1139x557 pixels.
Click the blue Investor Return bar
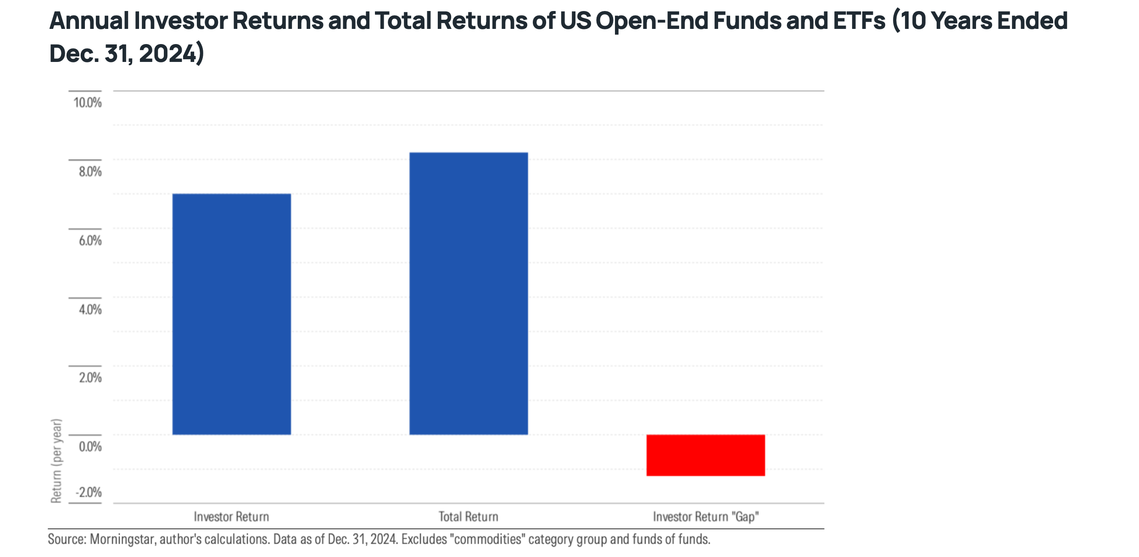(232, 314)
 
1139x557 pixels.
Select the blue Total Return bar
(469, 294)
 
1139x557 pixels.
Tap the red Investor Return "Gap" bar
(706, 455)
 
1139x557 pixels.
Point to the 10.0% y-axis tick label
(88, 102)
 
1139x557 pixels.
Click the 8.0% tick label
(90, 172)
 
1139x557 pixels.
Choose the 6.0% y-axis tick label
(90, 240)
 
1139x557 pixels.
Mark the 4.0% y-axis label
(90, 309)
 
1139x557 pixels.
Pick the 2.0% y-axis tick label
(90, 378)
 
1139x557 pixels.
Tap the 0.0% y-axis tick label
(90, 446)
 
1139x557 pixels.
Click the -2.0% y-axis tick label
(88, 492)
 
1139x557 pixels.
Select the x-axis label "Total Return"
(469, 517)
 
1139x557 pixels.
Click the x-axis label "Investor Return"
(231, 517)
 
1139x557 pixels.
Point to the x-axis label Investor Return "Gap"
(706, 517)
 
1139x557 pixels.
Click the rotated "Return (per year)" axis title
(56, 461)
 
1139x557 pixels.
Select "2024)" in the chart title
(171, 54)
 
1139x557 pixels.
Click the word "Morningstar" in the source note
(123, 539)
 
